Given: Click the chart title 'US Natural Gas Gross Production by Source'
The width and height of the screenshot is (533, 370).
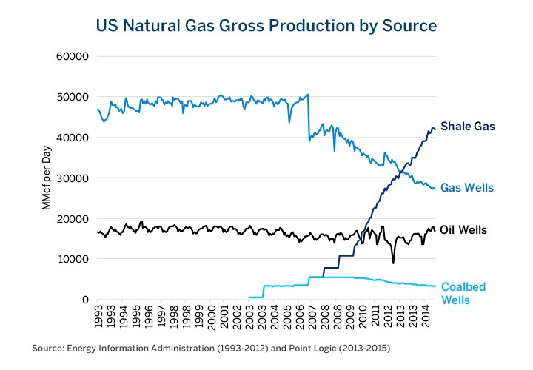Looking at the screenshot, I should coord(266,26).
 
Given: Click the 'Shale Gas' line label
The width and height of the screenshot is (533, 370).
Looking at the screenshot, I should coord(467,127).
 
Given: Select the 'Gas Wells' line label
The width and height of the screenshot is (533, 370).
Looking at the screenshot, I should coord(466,188).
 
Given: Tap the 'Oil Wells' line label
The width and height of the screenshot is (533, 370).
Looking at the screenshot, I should coord(463,230).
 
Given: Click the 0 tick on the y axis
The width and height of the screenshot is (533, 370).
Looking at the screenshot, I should coord(85,300).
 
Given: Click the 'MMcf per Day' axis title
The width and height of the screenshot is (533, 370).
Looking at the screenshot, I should coord(46,178).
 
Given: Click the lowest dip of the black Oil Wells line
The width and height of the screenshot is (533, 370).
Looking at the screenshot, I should coord(394,263).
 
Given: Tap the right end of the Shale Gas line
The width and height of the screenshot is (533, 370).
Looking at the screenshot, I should coord(435,129).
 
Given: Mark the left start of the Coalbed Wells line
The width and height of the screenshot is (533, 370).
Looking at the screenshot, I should coord(248,297).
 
